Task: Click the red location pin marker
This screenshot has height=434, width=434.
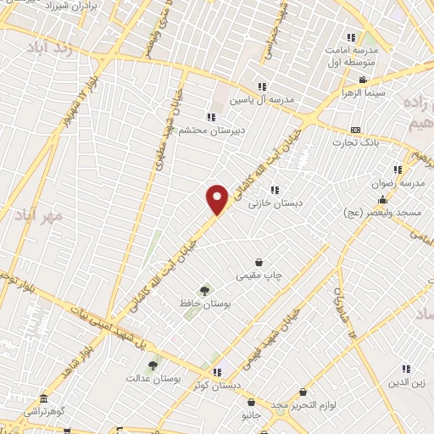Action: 218,198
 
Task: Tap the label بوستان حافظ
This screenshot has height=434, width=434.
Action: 201,303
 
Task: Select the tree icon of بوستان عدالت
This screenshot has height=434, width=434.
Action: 153,365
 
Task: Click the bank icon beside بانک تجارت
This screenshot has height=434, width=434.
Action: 355,130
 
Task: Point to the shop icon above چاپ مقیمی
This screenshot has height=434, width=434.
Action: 259,263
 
